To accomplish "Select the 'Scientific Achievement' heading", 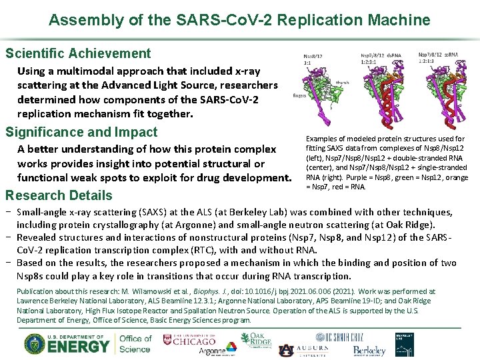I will (x=78, y=53).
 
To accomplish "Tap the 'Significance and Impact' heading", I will (x=81, y=132).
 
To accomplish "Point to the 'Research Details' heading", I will (x=59, y=195).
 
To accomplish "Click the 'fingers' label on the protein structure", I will (x=300, y=95).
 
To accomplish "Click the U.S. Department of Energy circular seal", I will (x=35, y=343).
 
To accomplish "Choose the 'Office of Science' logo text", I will (x=135, y=343).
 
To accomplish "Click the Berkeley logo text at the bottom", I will (x=369, y=350).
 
